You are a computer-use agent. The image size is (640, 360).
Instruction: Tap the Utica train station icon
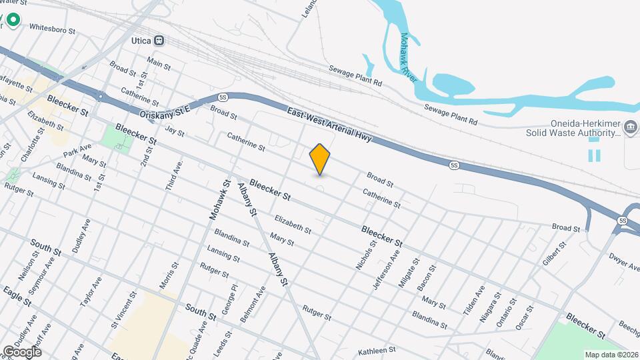(x=159, y=40)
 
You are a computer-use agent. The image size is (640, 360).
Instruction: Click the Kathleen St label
(x=377, y=349)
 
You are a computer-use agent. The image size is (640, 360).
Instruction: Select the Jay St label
(x=174, y=131)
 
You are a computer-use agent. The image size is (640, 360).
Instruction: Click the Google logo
(x=22, y=351)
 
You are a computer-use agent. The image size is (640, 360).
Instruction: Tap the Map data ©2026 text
(x=611, y=354)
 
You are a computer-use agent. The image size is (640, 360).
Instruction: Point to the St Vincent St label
(x=125, y=307)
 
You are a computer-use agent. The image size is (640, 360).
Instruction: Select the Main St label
(x=159, y=63)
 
